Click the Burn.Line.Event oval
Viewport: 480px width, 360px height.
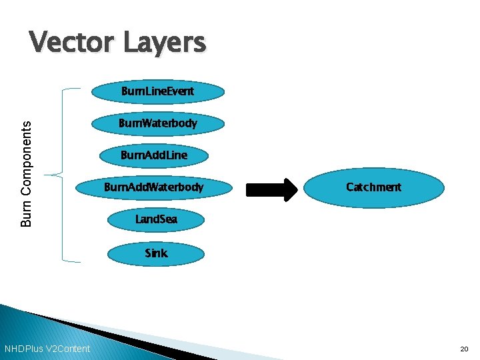click(157, 92)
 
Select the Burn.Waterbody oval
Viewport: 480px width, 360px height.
click(157, 123)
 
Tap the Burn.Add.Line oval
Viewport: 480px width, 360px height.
click(154, 155)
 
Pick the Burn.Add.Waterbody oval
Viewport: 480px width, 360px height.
click(154, 187)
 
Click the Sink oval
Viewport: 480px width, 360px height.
click(157, 253)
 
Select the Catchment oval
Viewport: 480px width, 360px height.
click(373, 187)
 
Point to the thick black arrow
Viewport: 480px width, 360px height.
click(274, 189)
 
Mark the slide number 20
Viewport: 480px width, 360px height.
click(464, 349)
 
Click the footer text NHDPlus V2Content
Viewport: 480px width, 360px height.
click(47, 349)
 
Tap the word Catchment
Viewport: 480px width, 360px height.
click(373, 187)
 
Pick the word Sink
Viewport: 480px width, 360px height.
click(157, 253)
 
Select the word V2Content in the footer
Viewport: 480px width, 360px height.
click(67, 349)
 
